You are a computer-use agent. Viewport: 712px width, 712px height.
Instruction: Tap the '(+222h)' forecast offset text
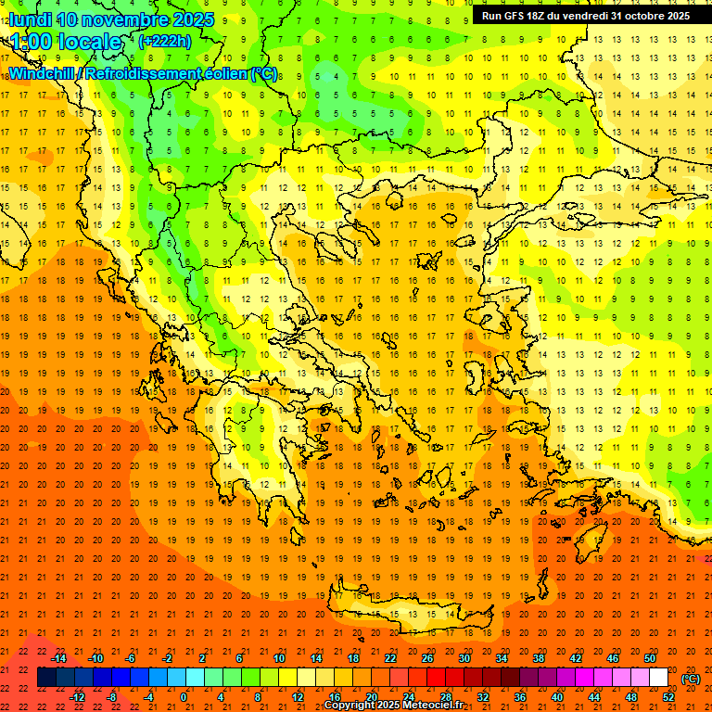[x=164, y=41]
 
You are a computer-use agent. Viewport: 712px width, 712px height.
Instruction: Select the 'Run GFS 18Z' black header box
[x=586, y=16]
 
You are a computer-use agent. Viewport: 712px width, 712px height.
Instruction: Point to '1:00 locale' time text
[x=66, y=42]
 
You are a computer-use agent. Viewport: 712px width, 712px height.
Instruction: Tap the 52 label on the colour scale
[x=668, y=697]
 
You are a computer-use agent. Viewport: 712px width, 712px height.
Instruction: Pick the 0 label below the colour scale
[x=184, y=697]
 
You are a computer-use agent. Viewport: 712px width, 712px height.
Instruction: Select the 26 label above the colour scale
[x=427, y=658]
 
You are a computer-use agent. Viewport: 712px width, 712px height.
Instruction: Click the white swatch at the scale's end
[x=659, y=678]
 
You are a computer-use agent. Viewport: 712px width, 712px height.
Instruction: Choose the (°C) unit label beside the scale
[x=691, y=679]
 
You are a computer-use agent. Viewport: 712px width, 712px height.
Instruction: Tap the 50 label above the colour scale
[x=650, y=658]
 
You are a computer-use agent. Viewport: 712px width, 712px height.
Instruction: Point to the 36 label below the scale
[x=520, y=697]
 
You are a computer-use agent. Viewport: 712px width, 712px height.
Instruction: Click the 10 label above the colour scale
[x=279, y=658]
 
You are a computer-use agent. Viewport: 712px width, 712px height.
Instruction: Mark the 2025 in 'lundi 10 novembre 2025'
[x=193, y=19]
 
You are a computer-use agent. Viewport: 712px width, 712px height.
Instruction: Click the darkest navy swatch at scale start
[x=47, y=678]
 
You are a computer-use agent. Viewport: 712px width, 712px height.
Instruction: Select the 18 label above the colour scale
[x=353, y=658]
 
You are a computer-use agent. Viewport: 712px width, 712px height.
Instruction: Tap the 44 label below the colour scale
[x=594, y=697]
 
